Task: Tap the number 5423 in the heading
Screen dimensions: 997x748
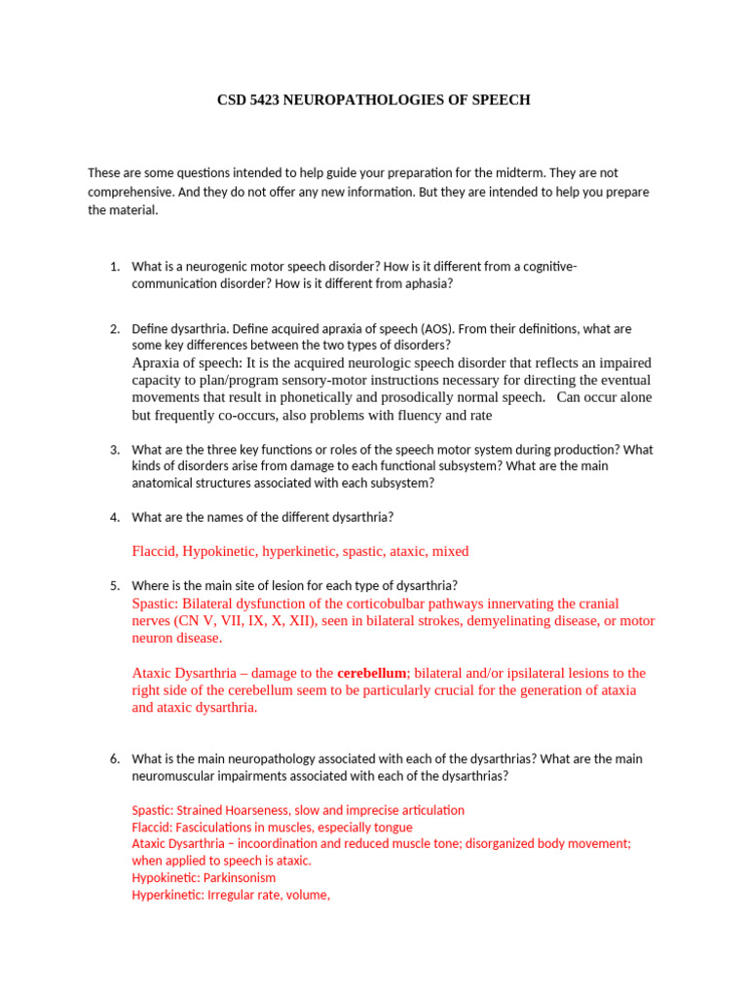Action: (x=263, y=100)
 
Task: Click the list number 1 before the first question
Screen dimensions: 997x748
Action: (x=113, y=267)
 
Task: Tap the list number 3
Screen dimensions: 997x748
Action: (x=113, y=450)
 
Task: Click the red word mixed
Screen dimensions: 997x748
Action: (x=450, y=552)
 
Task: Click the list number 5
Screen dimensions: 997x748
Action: (x=113, y=585)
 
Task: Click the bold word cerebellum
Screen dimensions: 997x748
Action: (x=371, y=674)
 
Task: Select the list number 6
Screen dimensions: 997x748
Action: (x=113, y=758)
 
